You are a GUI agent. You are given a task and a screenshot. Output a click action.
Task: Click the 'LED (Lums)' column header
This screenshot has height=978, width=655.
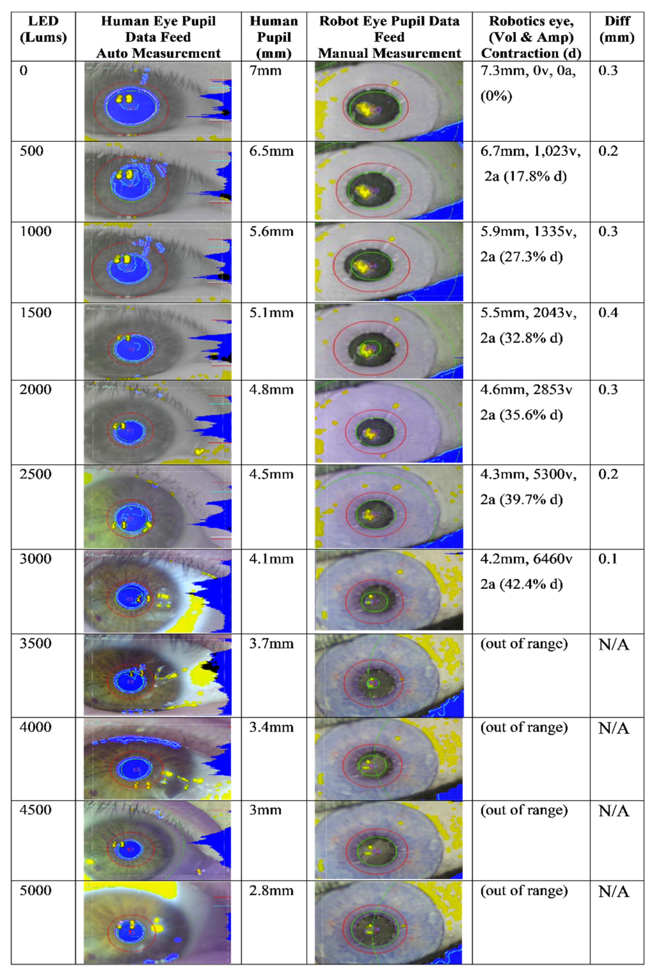[43, 29]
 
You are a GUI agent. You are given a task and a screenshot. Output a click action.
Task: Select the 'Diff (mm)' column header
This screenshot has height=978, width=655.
[617, 29]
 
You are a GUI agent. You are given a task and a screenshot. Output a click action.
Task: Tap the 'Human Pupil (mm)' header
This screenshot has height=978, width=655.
[274, 37]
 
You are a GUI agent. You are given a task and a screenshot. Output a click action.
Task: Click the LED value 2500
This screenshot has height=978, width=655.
[36, 475]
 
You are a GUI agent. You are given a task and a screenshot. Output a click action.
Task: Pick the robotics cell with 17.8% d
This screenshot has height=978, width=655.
[530, 164]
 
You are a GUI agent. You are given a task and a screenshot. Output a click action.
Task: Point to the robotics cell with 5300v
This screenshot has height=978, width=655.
[528, 487]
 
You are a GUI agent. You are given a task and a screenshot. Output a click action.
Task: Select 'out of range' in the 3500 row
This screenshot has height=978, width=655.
[524, 644]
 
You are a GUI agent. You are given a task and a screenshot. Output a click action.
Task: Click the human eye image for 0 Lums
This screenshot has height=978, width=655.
[158, 101]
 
